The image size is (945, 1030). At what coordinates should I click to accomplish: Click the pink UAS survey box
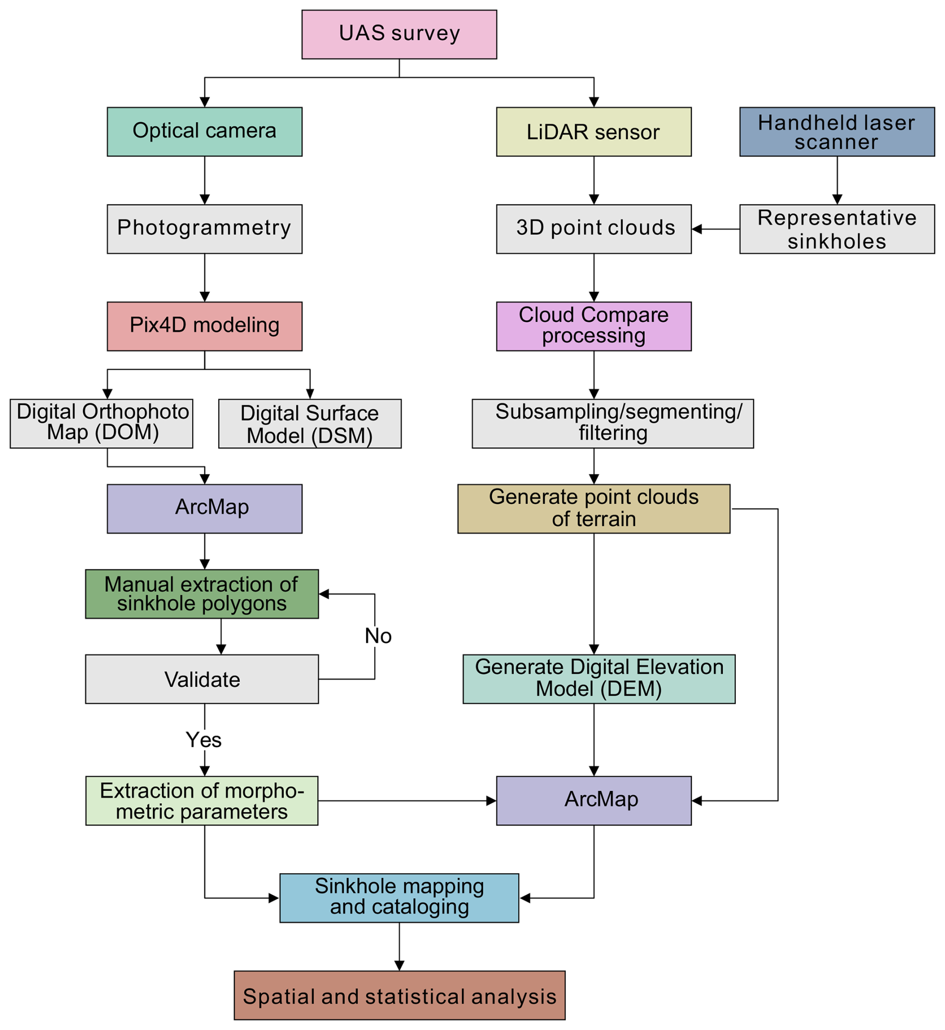[x=399, y=34]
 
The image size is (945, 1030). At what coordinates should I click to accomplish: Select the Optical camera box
[x=205, y=131]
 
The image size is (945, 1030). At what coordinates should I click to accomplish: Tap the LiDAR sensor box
[x=594, y=131]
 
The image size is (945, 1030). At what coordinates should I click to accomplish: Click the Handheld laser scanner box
[x=837, y=131]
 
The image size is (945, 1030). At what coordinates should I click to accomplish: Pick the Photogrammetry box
[x=205, y=229]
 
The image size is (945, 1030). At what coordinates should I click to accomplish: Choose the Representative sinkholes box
[x=837, y=229]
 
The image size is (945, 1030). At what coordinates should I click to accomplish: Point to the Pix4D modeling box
[x=205, y=326]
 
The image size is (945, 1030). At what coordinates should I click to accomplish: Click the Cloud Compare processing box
[x=594, y=326]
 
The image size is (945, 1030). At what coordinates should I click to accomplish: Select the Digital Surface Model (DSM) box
[x=310, y=424]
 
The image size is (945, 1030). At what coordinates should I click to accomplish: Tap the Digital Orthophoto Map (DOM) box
[x=101, y=424]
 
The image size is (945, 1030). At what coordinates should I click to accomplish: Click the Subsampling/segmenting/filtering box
[x=613, y=424]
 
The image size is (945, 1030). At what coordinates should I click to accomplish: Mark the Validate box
[x=202, y=679]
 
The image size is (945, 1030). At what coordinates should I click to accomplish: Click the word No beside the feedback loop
[x=378, y=636]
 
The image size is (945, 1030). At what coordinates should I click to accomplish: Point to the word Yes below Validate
[x=203, y=739]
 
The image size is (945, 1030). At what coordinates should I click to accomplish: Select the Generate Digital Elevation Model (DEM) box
[x=599, y=679]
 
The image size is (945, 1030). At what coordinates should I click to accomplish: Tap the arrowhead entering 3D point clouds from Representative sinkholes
[x=696, y=229]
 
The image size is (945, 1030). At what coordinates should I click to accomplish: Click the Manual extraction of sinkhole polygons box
[x=202, y=594]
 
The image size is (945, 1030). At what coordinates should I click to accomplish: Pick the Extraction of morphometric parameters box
[x=202, y=800]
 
